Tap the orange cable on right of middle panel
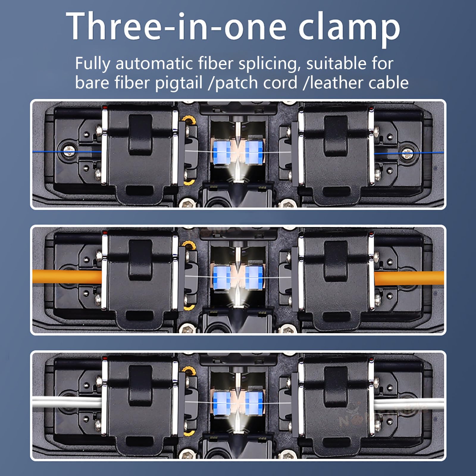click(409, 278)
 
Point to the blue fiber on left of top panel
click(67, 152)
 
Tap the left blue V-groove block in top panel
click(222, 152)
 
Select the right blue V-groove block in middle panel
click(254, 278)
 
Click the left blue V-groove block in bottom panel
click(222, 403)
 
